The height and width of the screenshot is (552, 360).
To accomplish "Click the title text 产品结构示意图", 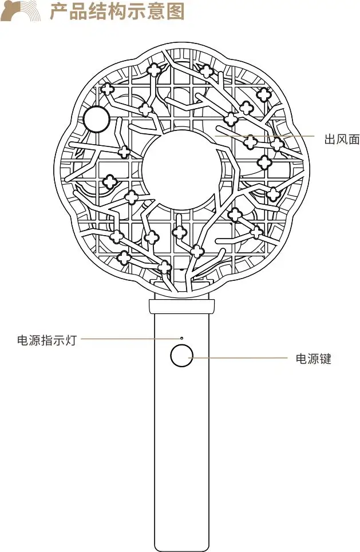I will [117, 11].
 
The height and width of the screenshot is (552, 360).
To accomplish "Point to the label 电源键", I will [313, 359].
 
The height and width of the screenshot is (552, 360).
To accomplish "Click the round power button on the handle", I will [181, 356].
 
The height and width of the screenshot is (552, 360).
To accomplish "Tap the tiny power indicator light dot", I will [182, 339].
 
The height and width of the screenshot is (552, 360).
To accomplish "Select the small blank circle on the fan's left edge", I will [96, 120].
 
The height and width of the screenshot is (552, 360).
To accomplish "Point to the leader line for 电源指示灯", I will [129, 339].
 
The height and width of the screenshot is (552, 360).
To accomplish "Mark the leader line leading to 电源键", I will [240, 358].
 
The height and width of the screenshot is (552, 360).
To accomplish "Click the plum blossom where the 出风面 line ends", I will [251, 141].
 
